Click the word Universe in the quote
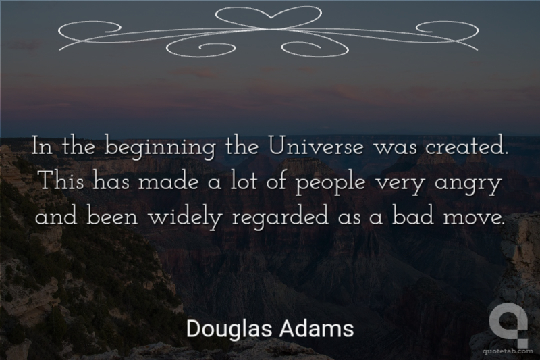(316, 147)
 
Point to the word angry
(467, 185)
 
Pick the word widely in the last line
(184, 218)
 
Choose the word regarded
(280, 219)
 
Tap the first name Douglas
(230, 329)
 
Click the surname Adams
(317, 328)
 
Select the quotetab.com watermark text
(508, 351)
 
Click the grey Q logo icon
(508, 323)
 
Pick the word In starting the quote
(43, 147)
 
